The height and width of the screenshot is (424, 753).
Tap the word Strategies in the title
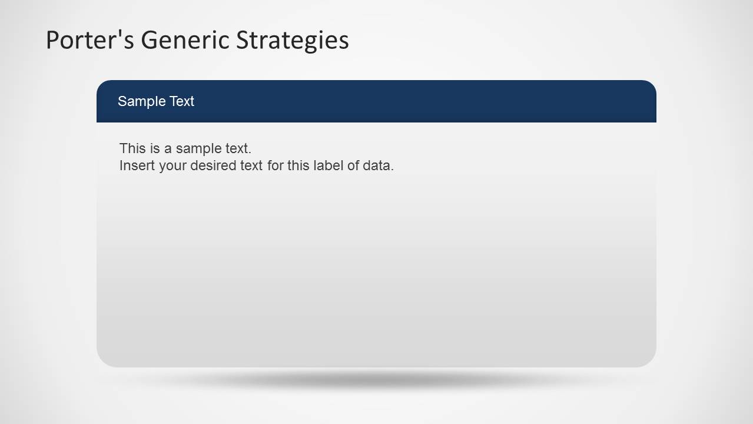coord(292,40)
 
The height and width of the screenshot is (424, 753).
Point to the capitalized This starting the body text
coord(132,148)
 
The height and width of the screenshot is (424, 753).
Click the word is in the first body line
coord(154,148)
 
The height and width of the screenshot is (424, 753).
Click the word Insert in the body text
coord(137,165)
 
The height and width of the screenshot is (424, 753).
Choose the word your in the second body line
coord(173,165)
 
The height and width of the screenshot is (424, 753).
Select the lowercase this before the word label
coord(298,165)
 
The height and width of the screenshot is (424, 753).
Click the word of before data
coord(353,165)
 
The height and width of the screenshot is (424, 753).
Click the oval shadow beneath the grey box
coord(376,381)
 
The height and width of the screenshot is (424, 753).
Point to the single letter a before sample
coord(168,148)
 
